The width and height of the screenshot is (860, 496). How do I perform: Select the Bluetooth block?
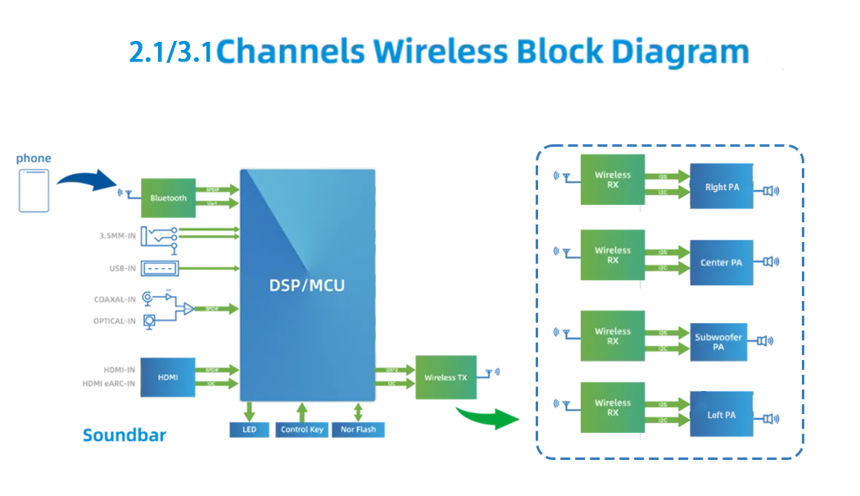[169, 198]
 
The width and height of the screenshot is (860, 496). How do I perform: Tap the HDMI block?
[168, 377]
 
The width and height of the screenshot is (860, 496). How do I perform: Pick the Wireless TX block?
[445, 377]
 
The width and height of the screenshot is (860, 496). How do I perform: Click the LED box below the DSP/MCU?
[249, 429]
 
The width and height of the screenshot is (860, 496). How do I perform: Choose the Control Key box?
[301, 429]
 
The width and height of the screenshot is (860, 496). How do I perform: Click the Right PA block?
[722, 187]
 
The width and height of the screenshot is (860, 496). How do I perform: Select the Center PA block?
[722, 262]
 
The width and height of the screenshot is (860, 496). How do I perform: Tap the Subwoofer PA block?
[718, 342]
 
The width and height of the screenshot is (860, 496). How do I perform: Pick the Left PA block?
[722, 415]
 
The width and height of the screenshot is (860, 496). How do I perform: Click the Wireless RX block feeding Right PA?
[613, 180]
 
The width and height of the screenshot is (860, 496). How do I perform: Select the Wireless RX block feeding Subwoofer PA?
[613, 336]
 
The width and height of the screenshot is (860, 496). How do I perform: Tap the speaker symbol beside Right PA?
[770, 191]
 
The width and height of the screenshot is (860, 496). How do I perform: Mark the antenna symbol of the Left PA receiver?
[563, 404]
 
